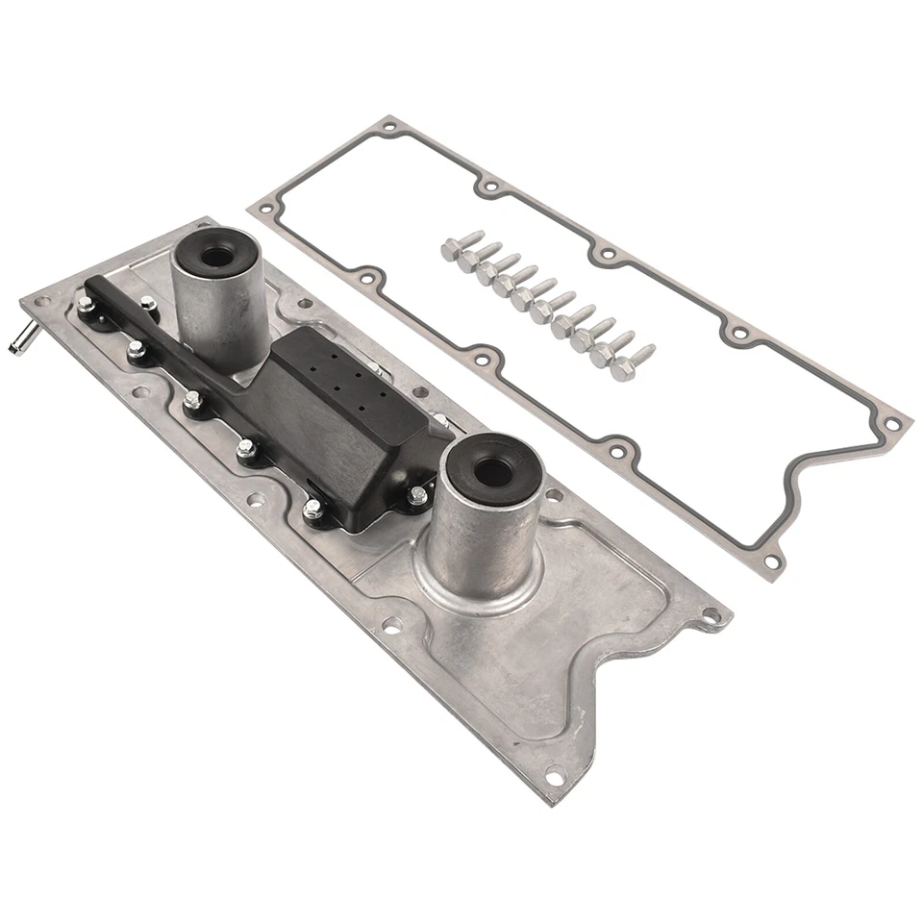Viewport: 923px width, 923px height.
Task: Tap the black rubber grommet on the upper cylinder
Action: (215, 254)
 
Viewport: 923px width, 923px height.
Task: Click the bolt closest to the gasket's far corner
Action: (630, 363)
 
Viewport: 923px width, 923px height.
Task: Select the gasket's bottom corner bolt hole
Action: (770, 561)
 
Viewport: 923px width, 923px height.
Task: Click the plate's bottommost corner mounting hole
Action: (555, 772)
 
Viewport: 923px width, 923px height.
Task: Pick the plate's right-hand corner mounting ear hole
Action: (711, 615)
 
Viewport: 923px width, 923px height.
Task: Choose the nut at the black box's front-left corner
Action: (313, 509)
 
